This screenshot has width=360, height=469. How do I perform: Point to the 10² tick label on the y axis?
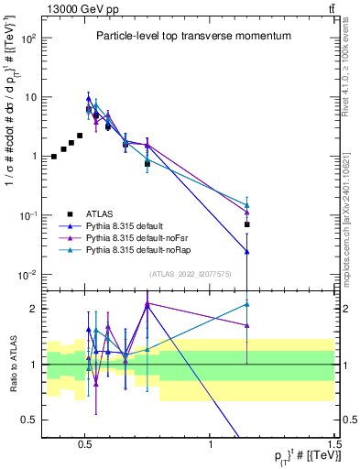point(28,38)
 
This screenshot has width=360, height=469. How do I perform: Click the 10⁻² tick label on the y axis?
point(28,274)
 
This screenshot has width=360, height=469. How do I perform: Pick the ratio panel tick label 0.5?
point(29,420)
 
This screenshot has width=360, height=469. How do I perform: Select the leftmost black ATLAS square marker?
point(54,157)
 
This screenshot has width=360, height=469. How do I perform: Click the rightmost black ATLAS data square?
point(246,224)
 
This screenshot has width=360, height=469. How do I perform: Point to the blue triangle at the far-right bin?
point(246,251)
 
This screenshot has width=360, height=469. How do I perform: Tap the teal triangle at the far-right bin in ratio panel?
point(246,304)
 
